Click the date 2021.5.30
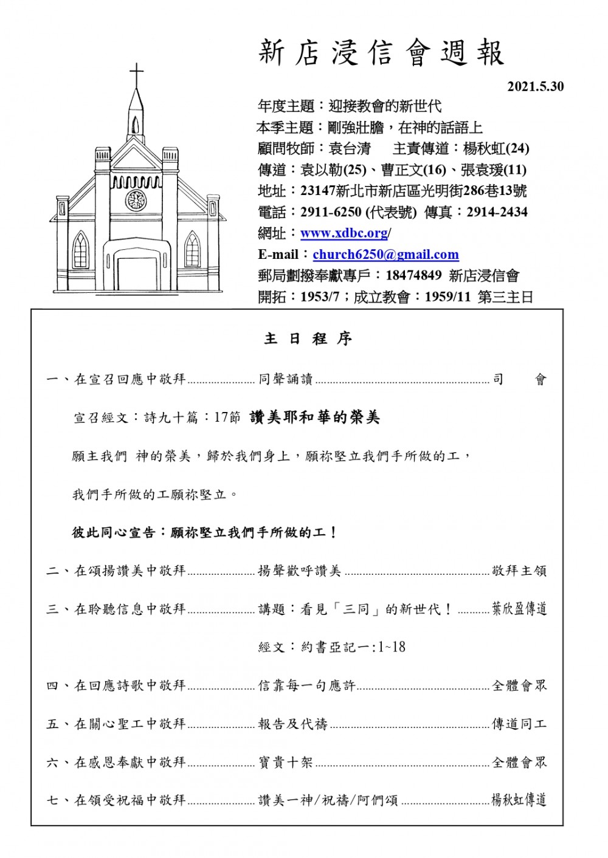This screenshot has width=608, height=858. [535, 87]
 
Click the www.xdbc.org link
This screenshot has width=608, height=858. [345, 233]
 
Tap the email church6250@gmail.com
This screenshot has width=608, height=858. [385, 255]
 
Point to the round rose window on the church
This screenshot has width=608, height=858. [136, 200]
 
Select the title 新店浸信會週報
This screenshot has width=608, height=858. [381, 53]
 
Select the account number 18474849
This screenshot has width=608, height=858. [413, 275]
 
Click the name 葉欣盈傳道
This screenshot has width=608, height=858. [519, 609]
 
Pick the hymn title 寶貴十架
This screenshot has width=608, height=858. [285, 762]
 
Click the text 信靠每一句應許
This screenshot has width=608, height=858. [306, 685]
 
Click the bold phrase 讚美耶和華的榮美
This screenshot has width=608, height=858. [314, 417]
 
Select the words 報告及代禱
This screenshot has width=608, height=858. [292, 724]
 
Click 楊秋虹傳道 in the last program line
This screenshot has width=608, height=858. [519, 800]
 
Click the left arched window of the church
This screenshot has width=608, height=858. [80, 250]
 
